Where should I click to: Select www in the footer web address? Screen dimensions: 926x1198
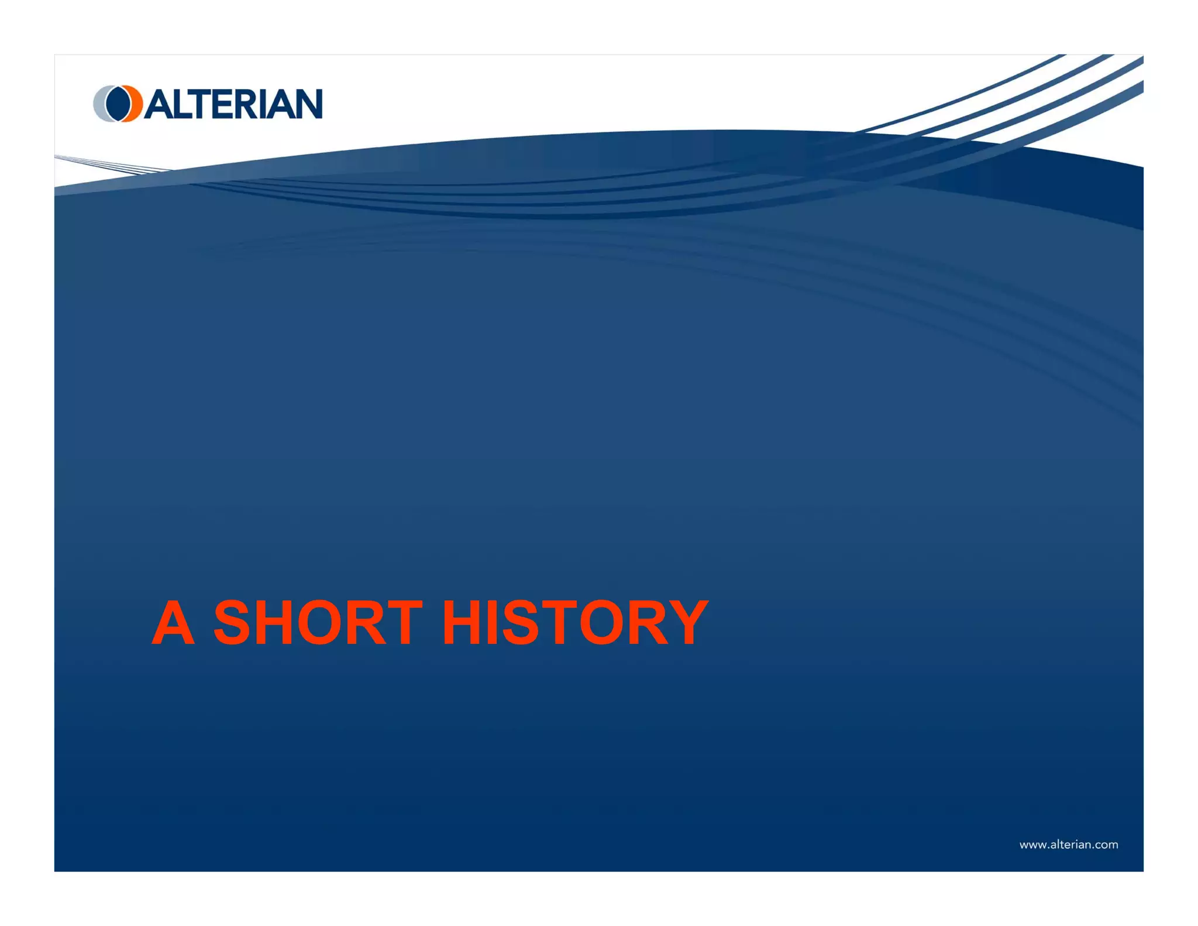pyautogui.click(x=1032, y=845)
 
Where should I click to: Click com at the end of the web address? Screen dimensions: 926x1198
pyautogui.click(x=1106, y=845)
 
